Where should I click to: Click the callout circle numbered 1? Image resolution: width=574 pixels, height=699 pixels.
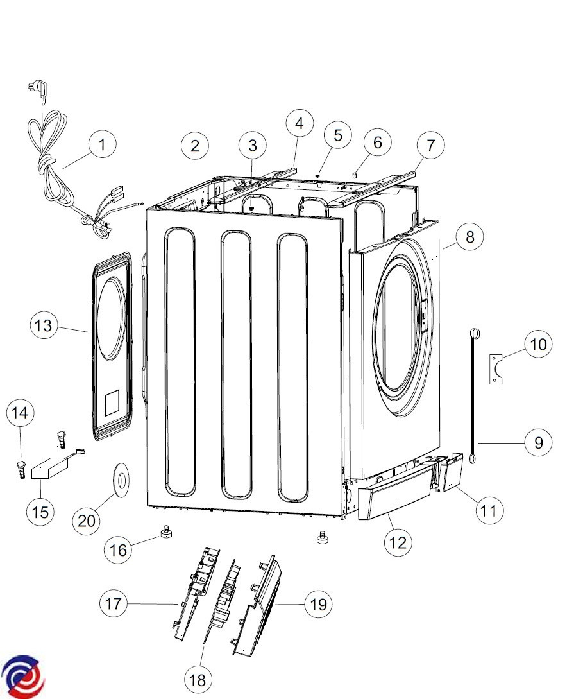pos(103,144)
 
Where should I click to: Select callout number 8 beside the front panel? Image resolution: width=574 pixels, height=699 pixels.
pos(469,237)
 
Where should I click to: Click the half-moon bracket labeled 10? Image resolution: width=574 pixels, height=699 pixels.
pos(496,369)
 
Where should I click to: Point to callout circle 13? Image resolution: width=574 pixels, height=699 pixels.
pos(44,325)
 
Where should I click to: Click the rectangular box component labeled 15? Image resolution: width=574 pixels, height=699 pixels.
pos(49,467)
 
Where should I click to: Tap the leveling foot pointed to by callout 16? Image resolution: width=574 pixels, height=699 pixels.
pos(166,531)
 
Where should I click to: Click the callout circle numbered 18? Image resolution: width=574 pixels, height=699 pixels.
pos(198,679)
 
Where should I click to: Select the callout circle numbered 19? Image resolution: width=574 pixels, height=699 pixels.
pos(318,605)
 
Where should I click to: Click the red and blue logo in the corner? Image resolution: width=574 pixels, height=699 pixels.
pos(22,677)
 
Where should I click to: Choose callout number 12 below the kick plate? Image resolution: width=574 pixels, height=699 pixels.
pos(397,542)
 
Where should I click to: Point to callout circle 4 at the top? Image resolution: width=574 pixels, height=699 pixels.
pos(300,123)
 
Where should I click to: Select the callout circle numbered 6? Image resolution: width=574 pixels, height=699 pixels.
pos(377,142)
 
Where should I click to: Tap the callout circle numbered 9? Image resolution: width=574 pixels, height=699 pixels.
pos(538,442)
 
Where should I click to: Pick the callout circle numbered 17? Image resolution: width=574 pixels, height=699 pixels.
pos(113,603)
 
